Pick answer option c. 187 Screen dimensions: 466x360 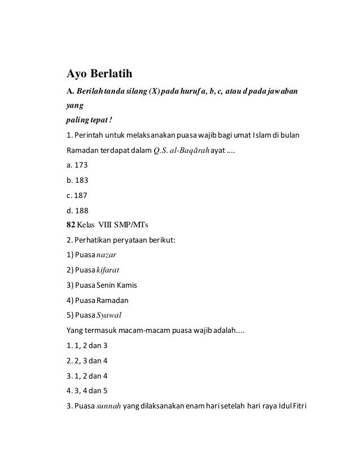click(x=77, y=196)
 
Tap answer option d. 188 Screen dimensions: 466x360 click(x=77, y=212)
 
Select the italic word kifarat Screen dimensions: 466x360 click(x=110, y=269)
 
